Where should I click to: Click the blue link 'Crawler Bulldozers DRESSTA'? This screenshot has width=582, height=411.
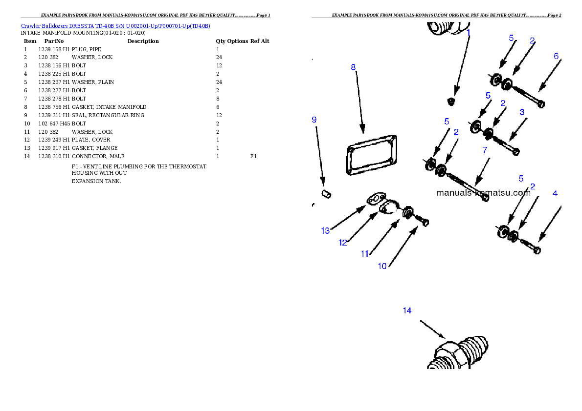pyautogui.click(x=57, y=26)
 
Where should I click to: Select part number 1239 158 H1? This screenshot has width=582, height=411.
pyautogui.click(x=54, y=49)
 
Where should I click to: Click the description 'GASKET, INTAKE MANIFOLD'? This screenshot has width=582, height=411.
pyautogui.click(x=109, y=107)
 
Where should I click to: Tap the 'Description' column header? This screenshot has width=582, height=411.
pyautogui.click(x=143, y=41)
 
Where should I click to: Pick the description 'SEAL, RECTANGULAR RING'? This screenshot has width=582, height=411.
pyautogui.click(x=108, y=115)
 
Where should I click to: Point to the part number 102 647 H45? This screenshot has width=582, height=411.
pyautogui.click(x=54, y=123)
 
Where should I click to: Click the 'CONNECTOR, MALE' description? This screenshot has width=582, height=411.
pyautogui.click(x=98, y=156)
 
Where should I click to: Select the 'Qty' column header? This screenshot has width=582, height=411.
pyautogui.click(x=221, y=41)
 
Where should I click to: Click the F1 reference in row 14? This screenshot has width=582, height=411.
pyautogui.click(x=253, y=156)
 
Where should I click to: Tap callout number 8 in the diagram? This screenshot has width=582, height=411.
pyautogui.click(x=353, y=67)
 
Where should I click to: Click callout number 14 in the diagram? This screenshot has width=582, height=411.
pyautogui.click(x=407, y=310)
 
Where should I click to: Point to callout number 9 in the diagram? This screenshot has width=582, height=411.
pyautogui.click(x=314, y=120)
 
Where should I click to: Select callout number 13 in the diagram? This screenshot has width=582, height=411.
pyautogui.click(x=326, y=231)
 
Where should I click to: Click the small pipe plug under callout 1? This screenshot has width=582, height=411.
pyautogui.click(x=451, y=101)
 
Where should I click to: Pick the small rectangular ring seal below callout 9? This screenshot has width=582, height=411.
pyautogui.click(x=326, y=194)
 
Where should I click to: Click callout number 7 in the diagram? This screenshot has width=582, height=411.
pyautogui.click(x=485, y=150)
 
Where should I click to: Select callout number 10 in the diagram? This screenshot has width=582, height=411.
pyautogui.click(x=382, y=266)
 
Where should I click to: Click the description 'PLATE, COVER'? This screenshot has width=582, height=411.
pyautogui.click(x=91, y=140)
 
